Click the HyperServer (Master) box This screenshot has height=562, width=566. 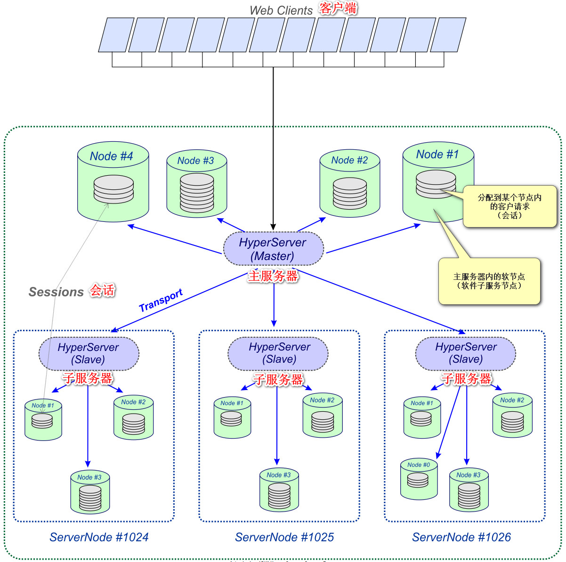[x=273, y=249]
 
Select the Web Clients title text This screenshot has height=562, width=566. [x=281, y=10]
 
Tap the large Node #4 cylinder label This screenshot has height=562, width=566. [x=112, y=156]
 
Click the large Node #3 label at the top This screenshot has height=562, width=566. [x=195, y=161]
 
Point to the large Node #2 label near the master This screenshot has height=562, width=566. [x=349, y=160]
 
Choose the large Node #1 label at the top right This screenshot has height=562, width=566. [x=437, y=155]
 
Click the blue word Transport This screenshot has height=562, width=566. [x=161, y=301]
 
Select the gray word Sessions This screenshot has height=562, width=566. [x=56, y=292]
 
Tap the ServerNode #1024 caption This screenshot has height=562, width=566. [x=99, y=537]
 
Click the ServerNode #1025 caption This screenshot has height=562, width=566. [x=284, y=537]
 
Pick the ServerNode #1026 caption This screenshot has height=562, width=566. [x=461, y=537]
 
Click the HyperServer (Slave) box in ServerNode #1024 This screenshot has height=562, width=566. [x=89, y=353]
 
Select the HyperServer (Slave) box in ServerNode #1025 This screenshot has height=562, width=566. [x=279, y=353]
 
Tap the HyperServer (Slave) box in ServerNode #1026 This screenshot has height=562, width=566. [x=466, y=353]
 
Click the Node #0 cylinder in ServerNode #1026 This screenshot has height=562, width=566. [x=419, y=480]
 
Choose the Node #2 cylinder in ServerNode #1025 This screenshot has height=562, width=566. [x=323, y=416]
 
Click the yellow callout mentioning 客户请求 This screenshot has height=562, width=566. [x=510, y=206]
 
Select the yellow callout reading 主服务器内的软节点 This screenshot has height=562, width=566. [x=489, y=281]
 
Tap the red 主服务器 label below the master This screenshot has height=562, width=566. [x=273, y=276]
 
